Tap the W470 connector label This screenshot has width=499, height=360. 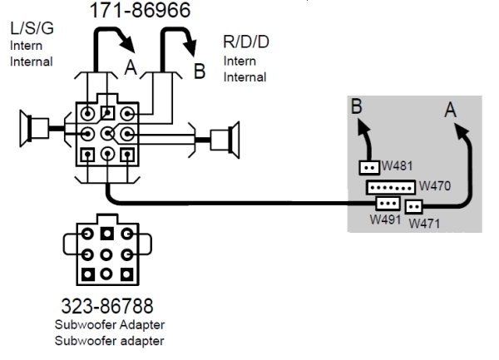click(x=434, y=185)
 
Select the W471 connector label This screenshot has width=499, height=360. click(x=426, y=224)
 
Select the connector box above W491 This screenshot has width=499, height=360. click(x=388, y=203)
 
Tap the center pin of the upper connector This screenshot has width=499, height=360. click(x=106, y=133)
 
